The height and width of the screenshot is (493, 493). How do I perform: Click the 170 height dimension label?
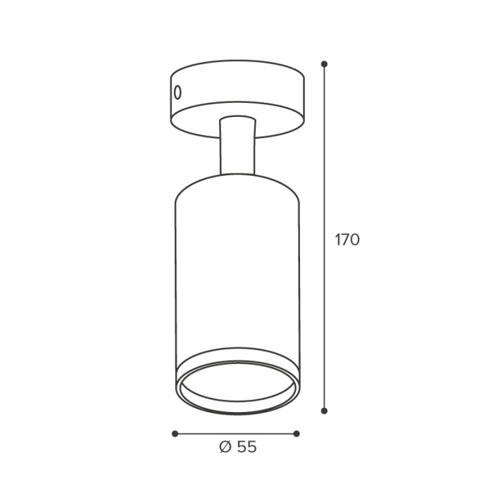pos(347,240)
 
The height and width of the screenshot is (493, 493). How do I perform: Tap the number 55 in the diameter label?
pos(246,447)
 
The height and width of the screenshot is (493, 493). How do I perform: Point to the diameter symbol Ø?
pos(225,447)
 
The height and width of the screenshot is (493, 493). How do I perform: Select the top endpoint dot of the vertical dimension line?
pos(325,64)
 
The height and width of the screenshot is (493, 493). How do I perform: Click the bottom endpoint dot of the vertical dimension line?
pos(325,411)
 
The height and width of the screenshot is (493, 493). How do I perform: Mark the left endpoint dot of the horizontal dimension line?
pos(175,434)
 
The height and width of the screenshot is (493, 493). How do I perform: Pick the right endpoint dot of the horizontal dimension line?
pos(297,434)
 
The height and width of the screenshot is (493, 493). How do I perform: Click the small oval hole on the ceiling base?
pos(177,92)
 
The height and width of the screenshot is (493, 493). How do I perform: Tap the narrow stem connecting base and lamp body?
pos(237,146)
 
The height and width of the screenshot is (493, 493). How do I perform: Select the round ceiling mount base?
pos(237,99)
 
